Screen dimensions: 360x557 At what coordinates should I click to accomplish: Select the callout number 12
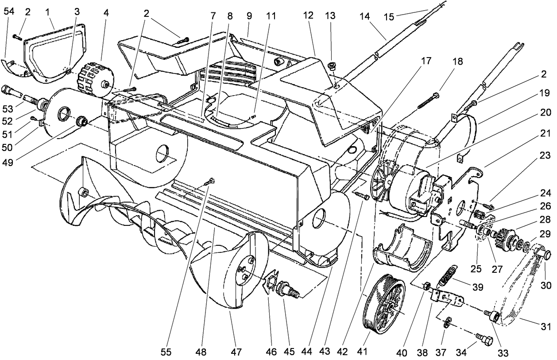[x=308, y=15]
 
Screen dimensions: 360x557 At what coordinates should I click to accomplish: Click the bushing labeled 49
[x=81, y=121]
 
